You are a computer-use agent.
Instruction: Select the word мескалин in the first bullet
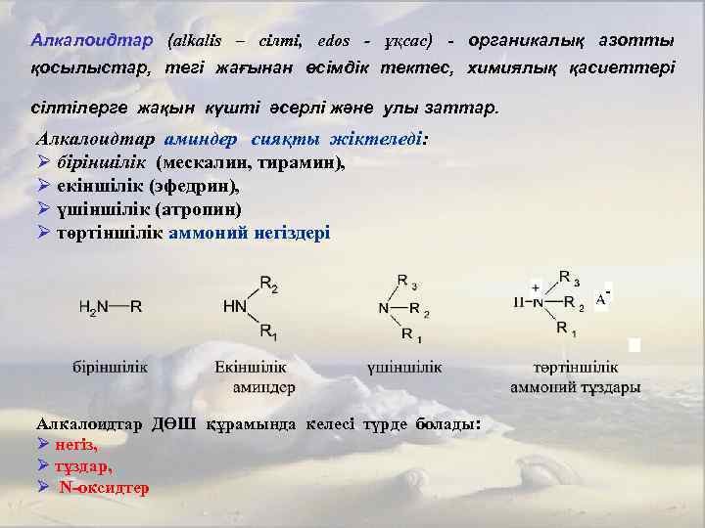pyautogui.click(x=210, y=161)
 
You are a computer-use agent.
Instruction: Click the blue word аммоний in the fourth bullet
pyautogui.click(x=207, y=233)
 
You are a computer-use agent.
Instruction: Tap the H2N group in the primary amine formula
pyautogui.click(x=94, y=306)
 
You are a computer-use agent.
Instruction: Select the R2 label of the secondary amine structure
pyautogui.click(x=269, y=286)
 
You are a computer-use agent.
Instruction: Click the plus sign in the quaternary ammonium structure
pyautogui.click(x=536, y=287)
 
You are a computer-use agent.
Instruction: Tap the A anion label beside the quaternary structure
pyautogui.click(x=601, y=299)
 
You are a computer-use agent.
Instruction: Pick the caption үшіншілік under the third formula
pyautogui.click(x=403, y=368)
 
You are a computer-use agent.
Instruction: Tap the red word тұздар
pyautogui.click(x=83, y=465)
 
